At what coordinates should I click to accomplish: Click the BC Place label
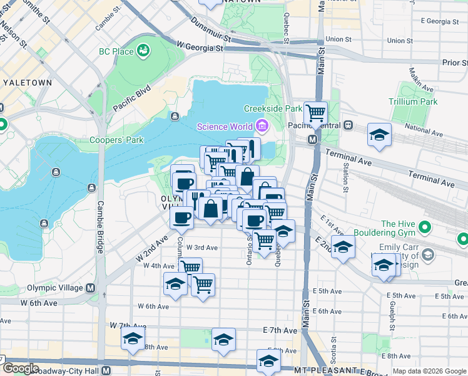(116, 51)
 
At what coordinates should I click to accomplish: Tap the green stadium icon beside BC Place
(144, 50)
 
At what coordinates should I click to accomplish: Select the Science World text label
(225, 127)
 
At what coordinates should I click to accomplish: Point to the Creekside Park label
(273, 108)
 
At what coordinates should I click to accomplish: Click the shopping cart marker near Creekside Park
(316, 113)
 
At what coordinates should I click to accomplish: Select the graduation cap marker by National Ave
(379, 135)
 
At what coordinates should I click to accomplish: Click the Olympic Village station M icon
(90, 288)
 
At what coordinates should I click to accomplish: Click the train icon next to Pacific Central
(348, 125)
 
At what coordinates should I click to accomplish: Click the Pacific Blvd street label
(132, 99)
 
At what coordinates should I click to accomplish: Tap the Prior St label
(455, 63)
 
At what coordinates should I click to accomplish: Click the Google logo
(20, 369)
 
